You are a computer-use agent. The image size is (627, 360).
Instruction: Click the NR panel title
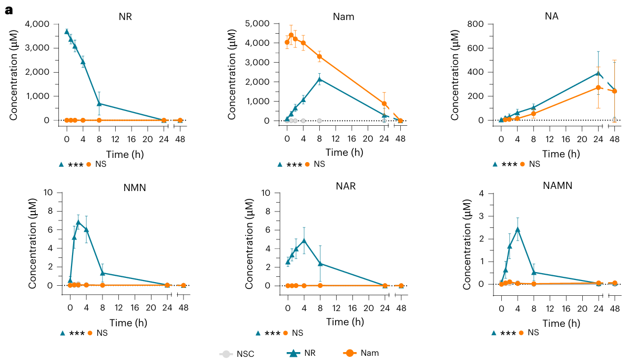point(125,16)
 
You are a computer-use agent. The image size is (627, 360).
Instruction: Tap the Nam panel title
point(343,16)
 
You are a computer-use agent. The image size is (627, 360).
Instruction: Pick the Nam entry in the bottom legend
point(370,353)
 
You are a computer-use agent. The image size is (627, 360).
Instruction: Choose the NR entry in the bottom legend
point(309,353)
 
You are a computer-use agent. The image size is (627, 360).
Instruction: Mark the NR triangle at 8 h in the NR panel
point(99,103)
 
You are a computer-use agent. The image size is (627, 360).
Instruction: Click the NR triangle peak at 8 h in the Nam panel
point(319,79)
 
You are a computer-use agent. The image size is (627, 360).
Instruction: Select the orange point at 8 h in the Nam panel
point(319,56)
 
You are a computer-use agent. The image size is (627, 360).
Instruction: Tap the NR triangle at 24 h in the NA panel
point(598,73)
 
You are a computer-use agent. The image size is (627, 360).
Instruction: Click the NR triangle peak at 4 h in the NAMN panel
point(518,229)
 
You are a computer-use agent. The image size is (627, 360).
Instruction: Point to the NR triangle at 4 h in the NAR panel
point(304,241)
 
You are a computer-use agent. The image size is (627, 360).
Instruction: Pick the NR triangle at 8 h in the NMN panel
point(103,273)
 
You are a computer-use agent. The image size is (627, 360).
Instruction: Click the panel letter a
point(8,9)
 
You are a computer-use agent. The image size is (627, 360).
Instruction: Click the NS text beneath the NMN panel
point(102,333)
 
